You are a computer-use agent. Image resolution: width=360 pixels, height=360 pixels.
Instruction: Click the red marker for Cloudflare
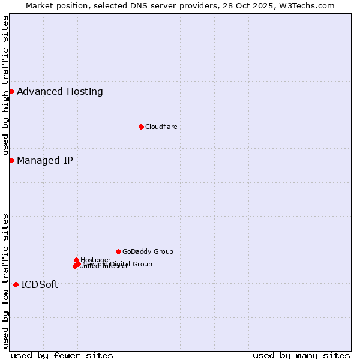coord(141,127)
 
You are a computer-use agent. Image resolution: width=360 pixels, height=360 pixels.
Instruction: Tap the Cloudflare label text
coord(161,127)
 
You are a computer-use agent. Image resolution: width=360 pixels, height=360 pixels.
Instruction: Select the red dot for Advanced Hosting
coord(11,91)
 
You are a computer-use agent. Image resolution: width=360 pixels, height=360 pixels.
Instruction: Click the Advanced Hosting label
coord(60,92)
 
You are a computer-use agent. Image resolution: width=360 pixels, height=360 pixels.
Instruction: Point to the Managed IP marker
coord(11,160)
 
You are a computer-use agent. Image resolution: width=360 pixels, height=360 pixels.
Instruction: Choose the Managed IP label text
coord(45,160)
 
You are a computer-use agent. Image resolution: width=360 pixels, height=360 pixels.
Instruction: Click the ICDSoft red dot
coord(16,284)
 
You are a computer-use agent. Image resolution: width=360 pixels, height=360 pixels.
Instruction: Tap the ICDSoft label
coord(40,285)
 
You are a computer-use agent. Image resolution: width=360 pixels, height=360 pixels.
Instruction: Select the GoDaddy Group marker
coord(118,251)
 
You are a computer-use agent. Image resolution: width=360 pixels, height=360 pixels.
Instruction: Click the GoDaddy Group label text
coord(148,251)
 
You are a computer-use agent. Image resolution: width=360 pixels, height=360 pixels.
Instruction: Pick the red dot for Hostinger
coord(76,260)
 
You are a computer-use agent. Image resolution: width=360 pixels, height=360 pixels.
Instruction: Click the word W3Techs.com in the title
coord(309,5)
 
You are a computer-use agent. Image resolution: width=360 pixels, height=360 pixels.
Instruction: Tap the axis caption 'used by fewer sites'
coord(62,355)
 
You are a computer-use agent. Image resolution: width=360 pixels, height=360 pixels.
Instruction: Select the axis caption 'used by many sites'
coord(301,355)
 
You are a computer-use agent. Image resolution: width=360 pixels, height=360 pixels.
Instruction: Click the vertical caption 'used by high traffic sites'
coord(6,85)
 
